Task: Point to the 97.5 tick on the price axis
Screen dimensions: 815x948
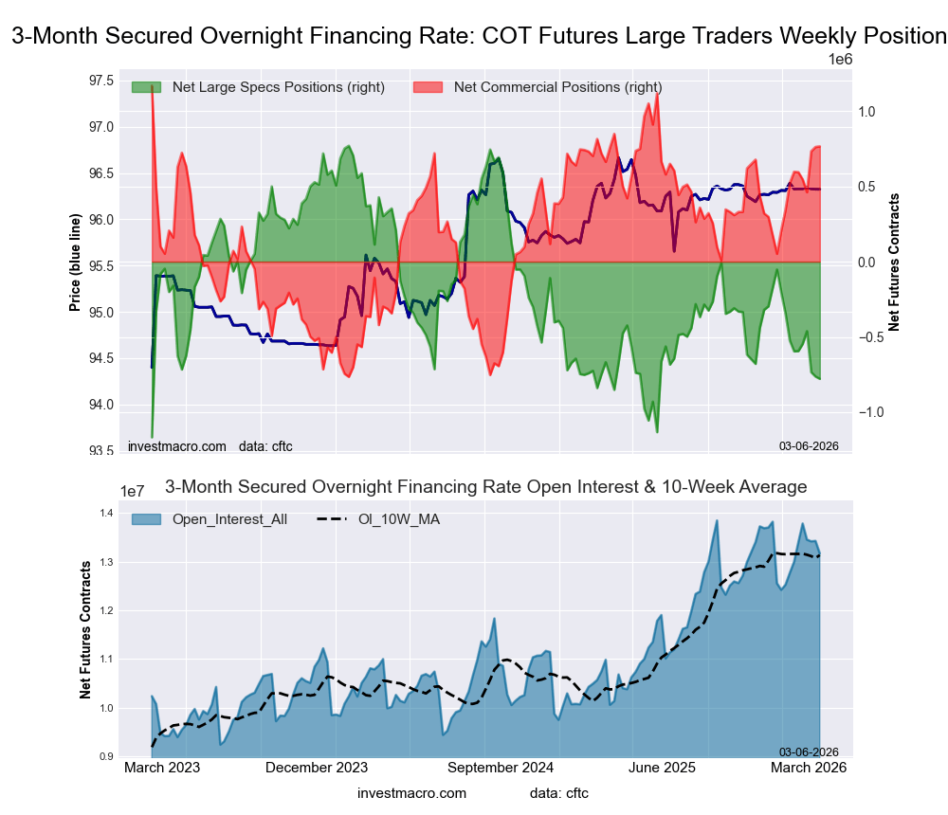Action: tap(100, 80)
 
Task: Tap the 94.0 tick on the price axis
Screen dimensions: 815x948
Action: tap(100, 405)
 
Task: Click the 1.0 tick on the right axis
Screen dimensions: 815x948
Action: tap(866, 112)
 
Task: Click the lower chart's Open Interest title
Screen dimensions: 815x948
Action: tap(485, 487)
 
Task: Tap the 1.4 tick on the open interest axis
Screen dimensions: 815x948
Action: tap(106, 514)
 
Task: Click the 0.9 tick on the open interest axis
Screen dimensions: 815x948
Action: tap(106, 756)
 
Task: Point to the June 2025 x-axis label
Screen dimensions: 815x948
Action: tap(662, 769)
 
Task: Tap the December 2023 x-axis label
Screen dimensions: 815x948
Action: tap(317, 769)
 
